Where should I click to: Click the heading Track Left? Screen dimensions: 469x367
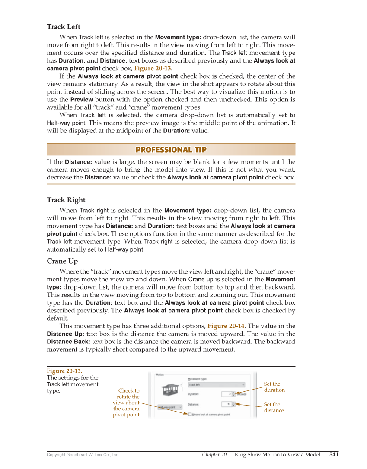64,27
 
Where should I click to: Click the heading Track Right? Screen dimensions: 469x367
66,200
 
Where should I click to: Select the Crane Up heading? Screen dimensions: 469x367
62,261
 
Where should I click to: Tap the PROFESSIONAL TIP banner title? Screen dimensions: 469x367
171,150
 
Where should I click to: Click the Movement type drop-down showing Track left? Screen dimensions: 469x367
216,384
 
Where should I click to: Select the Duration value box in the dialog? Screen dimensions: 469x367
227,394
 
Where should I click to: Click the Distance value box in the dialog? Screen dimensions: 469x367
227,404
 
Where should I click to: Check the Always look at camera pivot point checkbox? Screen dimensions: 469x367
190,414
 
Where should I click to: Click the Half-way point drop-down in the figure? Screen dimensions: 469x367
169,406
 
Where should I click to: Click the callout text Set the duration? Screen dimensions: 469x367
274,387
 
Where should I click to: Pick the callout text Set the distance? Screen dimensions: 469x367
274,407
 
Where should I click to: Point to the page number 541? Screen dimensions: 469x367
334,454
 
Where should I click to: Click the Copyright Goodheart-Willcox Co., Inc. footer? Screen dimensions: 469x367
83,455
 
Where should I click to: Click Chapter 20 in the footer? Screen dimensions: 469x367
214,455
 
